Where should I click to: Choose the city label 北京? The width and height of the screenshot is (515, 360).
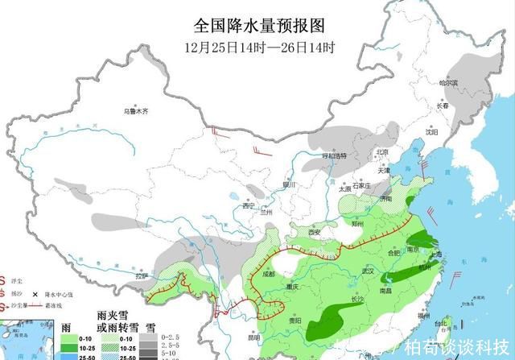pos(382,152)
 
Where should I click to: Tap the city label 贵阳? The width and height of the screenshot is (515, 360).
pos(295,321)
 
